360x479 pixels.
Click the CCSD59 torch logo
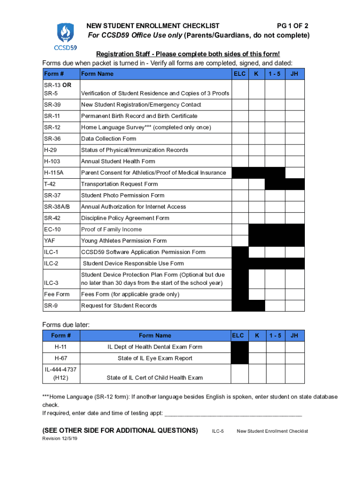65,35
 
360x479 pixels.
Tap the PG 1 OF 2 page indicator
292,26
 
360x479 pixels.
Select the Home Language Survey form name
146,127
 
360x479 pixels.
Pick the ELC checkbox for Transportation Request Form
240,184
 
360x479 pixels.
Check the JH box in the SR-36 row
295,138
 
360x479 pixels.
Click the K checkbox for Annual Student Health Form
256,161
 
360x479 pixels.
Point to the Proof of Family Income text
111,229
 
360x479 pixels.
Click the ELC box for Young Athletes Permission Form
240,240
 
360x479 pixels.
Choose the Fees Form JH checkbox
295,294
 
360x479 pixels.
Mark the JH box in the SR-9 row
295,305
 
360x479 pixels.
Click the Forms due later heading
65,325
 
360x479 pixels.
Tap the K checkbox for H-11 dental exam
256,347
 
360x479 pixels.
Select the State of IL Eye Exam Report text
155,358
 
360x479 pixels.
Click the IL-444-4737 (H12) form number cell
61,373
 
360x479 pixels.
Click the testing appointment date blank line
234,414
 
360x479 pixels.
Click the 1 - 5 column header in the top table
275,73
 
